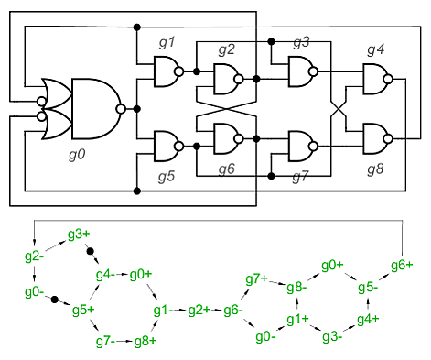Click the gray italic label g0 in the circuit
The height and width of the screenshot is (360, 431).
click(77, 155)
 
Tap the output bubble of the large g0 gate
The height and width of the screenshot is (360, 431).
click(121, 109)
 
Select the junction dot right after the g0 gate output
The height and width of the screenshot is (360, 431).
click(137, 109)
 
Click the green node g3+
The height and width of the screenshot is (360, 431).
click(79, 235)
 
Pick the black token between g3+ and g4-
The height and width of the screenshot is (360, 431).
click(90, 251)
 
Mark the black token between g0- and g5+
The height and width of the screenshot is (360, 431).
click(55, 300)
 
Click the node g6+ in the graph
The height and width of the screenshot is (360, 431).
click(402, 266)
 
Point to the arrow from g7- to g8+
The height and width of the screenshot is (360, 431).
click(124, 341)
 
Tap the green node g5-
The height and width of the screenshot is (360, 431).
click(368, 288)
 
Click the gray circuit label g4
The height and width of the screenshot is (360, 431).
click(376, 49)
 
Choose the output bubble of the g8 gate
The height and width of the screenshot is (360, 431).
click(388, 139)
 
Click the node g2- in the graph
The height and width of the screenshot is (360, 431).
click(34, 256)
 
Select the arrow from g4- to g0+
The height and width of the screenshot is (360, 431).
click(122, 274)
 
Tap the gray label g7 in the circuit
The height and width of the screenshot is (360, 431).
click(300, 177)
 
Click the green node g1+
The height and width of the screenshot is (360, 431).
click(297, 319)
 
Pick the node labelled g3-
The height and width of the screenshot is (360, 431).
click(332, 337)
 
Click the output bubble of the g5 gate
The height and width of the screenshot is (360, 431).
click(179, 147)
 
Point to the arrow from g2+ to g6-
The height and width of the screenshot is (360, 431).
click(216, 311)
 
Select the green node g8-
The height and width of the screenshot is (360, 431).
click(296, 288)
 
